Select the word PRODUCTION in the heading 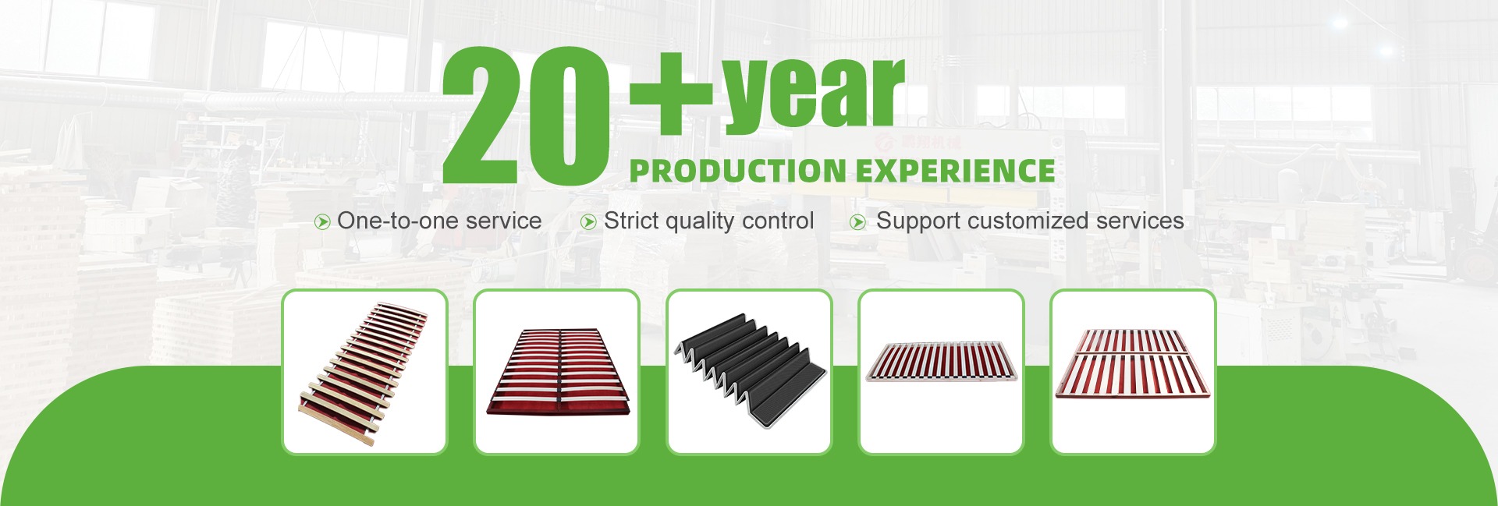737,171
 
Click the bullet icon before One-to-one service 321,222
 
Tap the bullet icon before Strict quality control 588,222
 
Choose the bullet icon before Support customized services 857,222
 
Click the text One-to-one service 439,221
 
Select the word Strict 631,221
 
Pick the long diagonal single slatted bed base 364,373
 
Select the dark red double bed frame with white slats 557,371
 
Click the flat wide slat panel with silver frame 942,362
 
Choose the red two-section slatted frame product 1134,363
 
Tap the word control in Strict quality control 779,221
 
